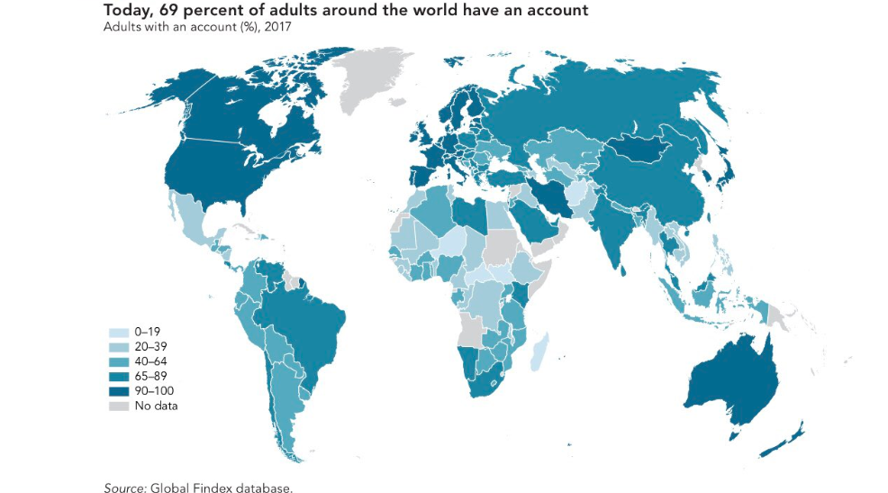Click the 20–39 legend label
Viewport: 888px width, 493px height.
tap(151, 347)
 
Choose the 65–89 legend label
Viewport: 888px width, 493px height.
tap(151, 376)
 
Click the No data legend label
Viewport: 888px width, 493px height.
tap(156, 406)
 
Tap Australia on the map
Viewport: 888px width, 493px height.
tap(729, 379)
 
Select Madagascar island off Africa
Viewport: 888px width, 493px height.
tap(538, 351)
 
